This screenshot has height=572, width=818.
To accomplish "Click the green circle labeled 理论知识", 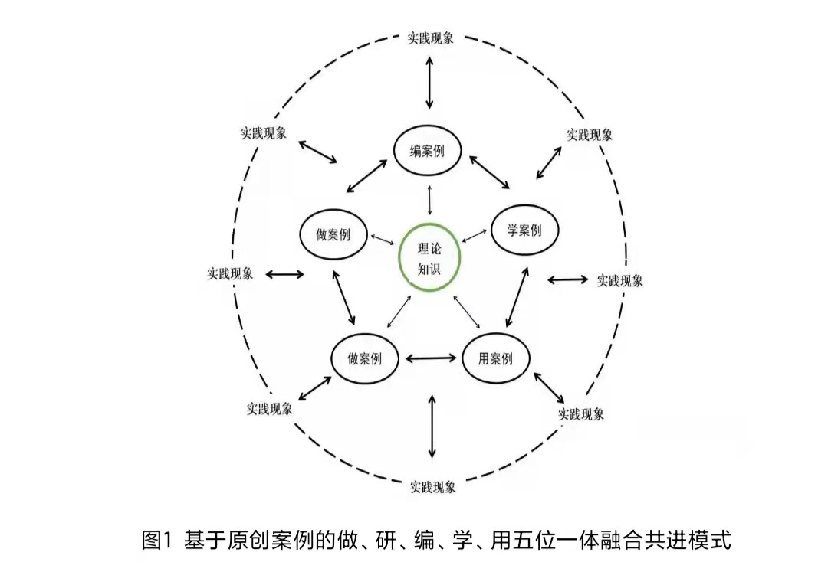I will pyautogui.click(x=429, y=257).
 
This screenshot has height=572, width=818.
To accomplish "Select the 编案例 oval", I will pyautogui.click(x=429, y=151).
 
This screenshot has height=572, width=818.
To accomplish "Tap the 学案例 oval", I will pyautogui.click(x=524, y=230).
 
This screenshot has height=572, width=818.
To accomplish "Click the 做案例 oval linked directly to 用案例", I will pyautogui.click(x=364, y=358).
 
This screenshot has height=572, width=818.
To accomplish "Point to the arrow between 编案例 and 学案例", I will pyautogui.click(x=489, y=172).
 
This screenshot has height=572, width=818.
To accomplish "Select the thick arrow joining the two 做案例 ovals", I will pyautogui.click(x=344, y=297).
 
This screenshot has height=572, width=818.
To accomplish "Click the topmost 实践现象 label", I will pyautogui.click(x=430, y=38).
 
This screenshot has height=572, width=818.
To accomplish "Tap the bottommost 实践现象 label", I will pyautogui.click(x=432, y=486).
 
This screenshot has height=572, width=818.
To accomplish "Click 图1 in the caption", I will pyautogui.click(x=154, y=540).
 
